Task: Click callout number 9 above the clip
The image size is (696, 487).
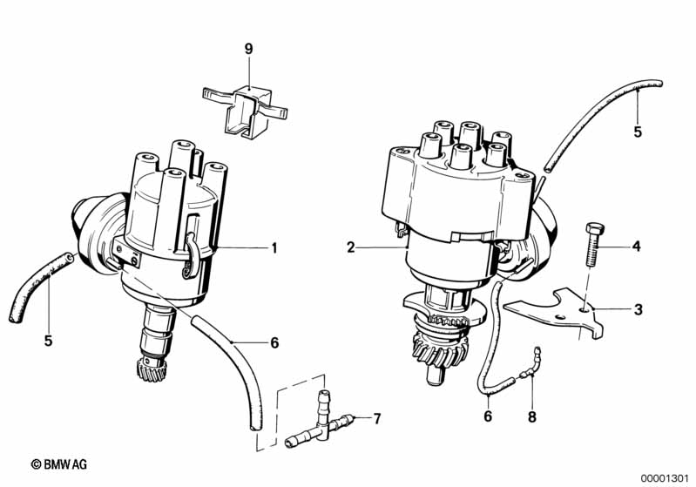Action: click(248, 49)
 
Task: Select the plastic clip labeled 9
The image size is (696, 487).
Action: click(245, 108)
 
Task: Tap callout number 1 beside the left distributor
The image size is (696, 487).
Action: click(274, 247)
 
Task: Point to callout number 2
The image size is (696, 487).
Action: click(351, 247)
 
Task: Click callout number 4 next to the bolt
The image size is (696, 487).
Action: click(637, 246)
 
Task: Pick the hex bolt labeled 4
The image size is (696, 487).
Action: click(591, 245)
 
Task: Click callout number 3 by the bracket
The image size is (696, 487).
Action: click(638, 309)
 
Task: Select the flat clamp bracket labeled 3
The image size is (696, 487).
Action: click(555, 313)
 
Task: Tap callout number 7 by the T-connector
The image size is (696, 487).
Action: click(377, 418)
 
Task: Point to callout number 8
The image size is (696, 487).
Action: click(531, 416)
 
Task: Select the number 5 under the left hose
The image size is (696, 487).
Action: click(48, 341)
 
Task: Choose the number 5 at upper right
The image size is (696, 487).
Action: click(638, 132)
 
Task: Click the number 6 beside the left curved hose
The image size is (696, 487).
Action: click(274, 342)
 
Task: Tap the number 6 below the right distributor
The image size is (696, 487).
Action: click(488, 416)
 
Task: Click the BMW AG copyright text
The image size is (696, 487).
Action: click(59, 464)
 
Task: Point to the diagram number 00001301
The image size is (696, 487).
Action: click(665, 478)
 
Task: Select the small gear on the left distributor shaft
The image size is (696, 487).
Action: click(152, 370)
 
